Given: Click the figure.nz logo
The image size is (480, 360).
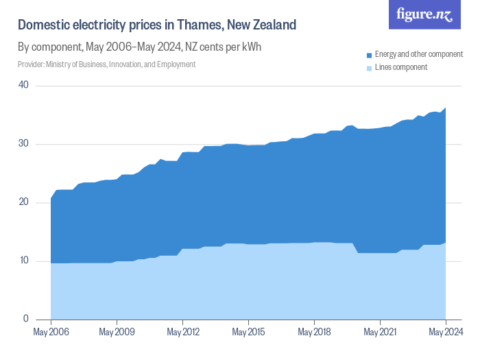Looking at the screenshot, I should pos(424,14).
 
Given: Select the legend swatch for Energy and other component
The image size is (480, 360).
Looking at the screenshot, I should pos(370,55).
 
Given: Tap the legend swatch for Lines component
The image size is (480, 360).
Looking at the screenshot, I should pos(370,67).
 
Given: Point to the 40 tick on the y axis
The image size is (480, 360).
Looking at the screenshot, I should pos(23,85).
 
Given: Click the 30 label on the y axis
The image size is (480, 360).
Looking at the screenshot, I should pos(23,144).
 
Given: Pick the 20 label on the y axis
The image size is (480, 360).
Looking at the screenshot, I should pos(23,202).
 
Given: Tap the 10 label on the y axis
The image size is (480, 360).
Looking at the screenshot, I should pos(23,261).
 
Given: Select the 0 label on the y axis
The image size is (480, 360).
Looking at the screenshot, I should pos(25,319).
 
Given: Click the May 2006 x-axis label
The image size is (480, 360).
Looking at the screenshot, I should pos(51,333).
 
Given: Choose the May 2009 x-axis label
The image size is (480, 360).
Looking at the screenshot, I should pos(117,333).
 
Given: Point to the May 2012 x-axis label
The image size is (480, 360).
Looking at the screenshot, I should pos(182,333).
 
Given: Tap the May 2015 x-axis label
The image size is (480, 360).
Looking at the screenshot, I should pos(248,333).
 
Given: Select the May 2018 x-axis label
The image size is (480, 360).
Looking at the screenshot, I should pos(314,333).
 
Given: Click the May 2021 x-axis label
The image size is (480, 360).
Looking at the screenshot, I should pos(380,333).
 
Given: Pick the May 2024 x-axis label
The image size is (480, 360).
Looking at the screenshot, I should pos(446,333).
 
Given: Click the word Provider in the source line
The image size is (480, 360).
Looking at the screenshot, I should pos(30,64).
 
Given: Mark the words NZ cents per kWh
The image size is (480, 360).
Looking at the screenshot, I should pos(224,47).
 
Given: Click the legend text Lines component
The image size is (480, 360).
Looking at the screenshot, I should pos(401,67).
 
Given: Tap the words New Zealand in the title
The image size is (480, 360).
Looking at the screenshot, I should pos(265,25).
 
